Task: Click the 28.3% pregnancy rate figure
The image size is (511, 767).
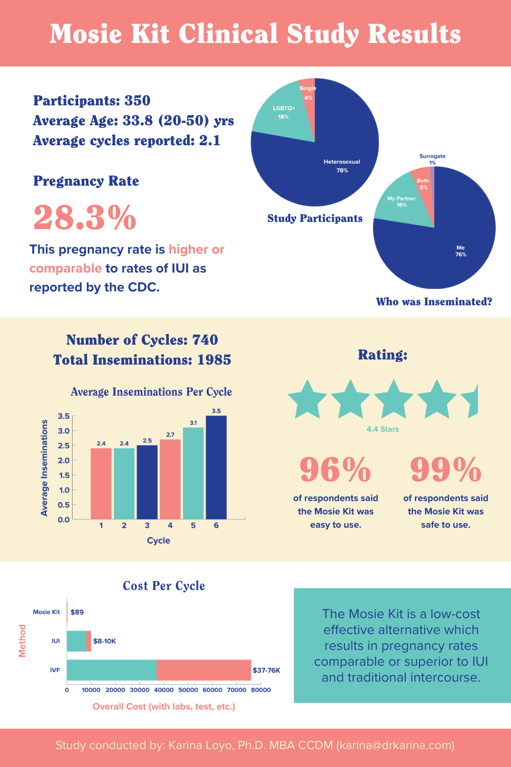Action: coord(85,218)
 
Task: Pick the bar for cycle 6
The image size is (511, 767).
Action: coord(216,467)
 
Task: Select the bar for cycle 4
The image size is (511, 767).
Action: coord(170,479)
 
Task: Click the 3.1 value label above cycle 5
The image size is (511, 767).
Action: coord(193,423)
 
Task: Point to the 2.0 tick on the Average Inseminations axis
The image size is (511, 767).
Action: coord(64,460)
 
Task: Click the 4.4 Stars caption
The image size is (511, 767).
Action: coord(383,429)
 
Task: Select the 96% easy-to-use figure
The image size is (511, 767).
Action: coord(335,469)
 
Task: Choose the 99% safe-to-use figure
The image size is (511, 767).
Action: coord(446,469)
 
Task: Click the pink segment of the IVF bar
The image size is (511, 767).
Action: coord(204,670)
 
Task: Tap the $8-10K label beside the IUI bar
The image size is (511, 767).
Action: coord(104,641)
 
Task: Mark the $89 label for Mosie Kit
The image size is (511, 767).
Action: coord(77,612)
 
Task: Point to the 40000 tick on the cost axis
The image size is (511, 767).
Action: coord(164,690)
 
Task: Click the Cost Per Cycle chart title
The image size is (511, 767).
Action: coord(164,586)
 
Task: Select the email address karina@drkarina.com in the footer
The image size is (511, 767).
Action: coord(395,745)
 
